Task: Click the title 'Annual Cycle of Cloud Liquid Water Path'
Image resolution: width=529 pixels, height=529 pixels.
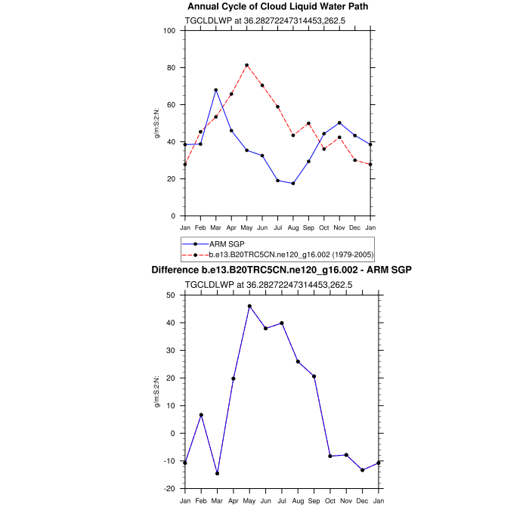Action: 279,7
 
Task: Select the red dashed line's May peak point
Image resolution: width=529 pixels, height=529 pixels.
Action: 246,65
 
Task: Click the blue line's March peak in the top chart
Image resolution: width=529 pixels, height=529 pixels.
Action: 216,90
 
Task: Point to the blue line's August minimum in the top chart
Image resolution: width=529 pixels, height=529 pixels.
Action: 293,183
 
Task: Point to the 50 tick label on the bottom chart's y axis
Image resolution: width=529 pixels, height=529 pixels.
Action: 172,295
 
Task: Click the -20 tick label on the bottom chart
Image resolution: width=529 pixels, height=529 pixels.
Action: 170,489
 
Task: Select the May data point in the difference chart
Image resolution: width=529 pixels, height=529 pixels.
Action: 249,306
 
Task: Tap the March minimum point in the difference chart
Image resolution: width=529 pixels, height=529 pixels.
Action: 217,473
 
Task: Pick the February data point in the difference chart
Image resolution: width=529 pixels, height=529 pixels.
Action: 201,415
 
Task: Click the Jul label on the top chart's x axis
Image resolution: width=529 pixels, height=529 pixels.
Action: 278,227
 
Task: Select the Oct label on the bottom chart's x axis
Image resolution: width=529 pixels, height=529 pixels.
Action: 330,501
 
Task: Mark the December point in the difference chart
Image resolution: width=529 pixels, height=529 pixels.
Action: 363,470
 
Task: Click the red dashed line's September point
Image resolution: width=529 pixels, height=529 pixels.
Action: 308,123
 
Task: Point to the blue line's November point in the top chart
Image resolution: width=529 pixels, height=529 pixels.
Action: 339,122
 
